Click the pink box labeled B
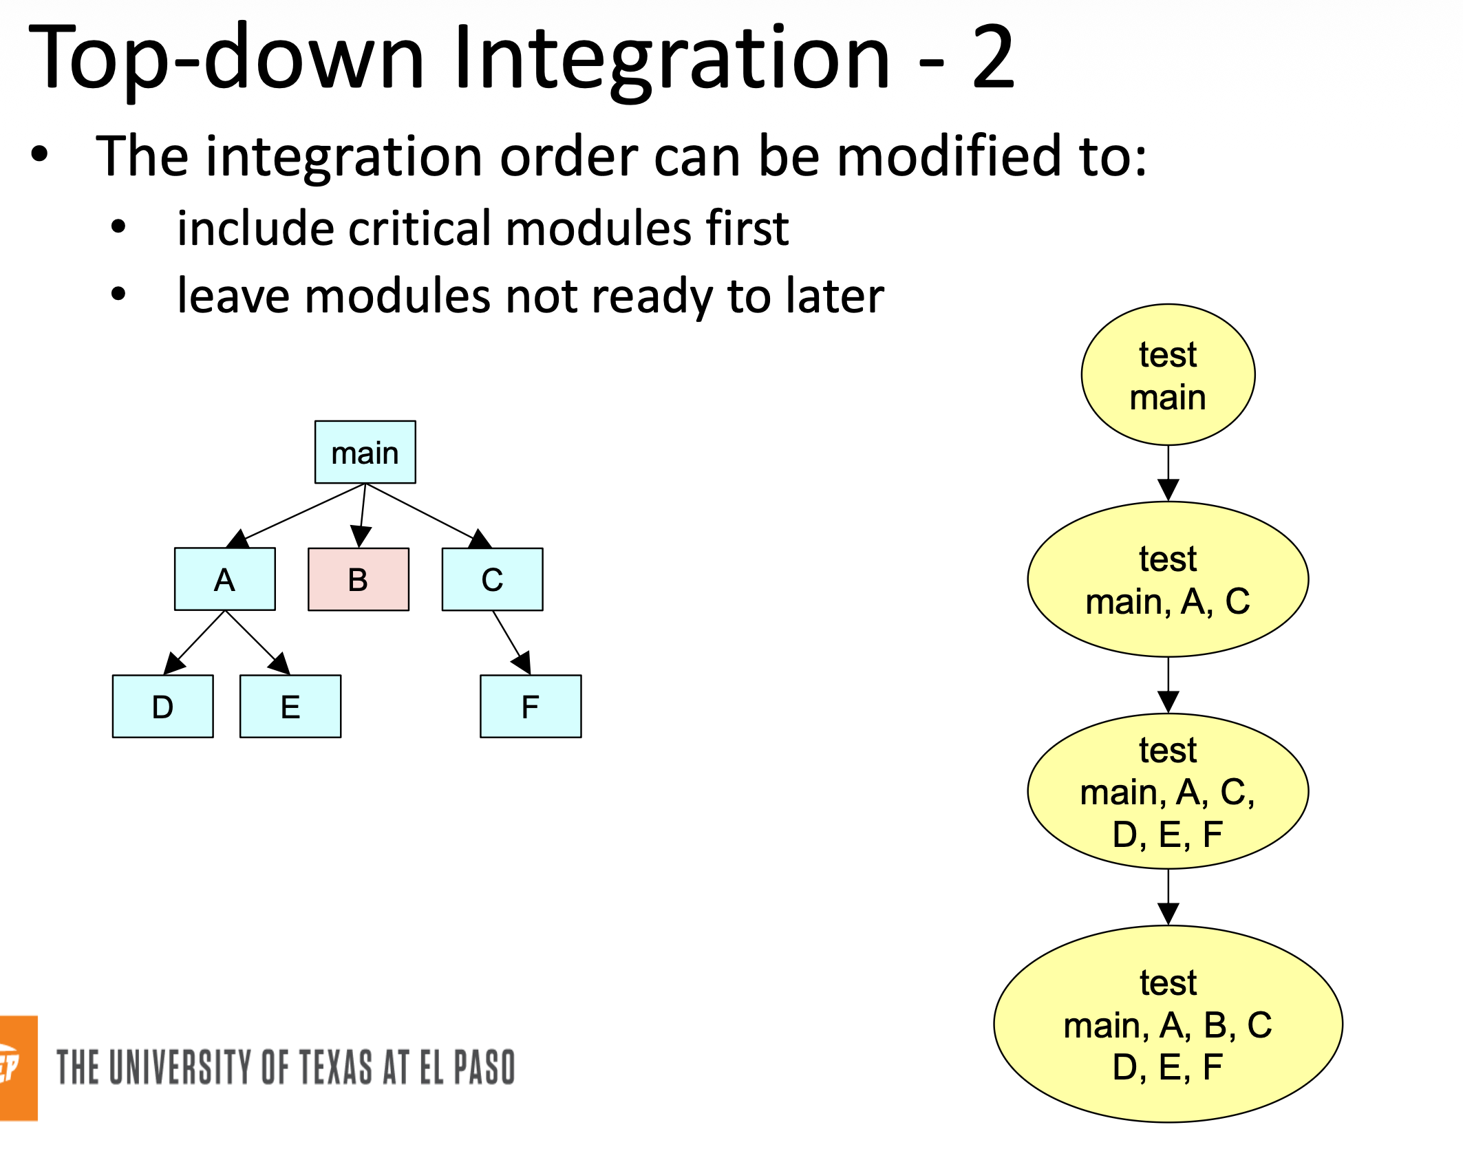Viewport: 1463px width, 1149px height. pyautogui.click(x=358, y=579)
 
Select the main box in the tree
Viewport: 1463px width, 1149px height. pyautogui.click(x=365, y=452)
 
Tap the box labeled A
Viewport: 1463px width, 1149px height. pyautogui.click(x=224, y=579)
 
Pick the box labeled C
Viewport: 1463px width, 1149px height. pyautogui.click(x=492, y=579)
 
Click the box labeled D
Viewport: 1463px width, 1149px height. pyautogui.click(x=162, y=707)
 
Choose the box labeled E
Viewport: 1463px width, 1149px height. pyautogui.click(x=290, y=707)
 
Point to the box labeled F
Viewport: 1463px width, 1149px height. pyautogui.click(x=530, y=707)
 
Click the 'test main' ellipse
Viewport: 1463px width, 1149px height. pyautogui.click(x=1168, y=375)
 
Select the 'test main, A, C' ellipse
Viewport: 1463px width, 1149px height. pyautogui.click(x=1168, y=579)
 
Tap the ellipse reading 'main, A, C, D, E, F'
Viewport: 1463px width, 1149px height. pyautogui.click(x=1168, y=791)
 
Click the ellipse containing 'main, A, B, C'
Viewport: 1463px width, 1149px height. pyautogui.click(x=1168, y=1024)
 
